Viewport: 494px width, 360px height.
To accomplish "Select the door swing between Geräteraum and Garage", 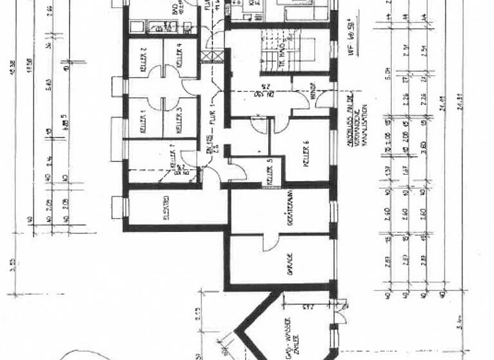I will (x=270, y=242).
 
